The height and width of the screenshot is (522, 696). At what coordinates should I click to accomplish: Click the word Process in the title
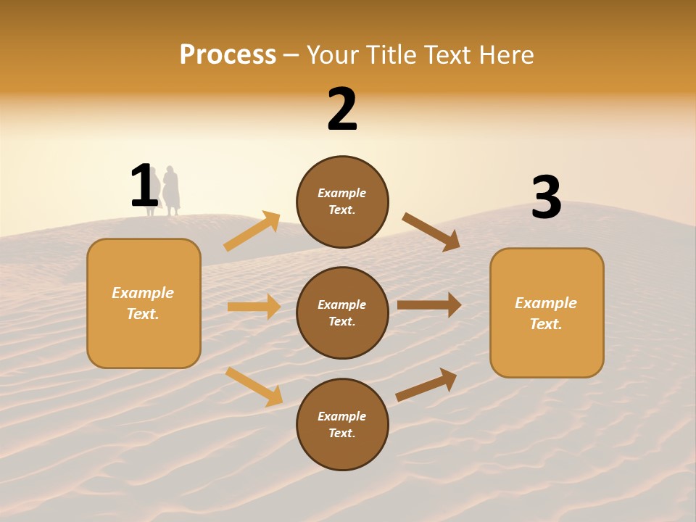point(228,55)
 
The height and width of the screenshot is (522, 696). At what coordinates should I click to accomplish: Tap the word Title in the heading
point(388,55)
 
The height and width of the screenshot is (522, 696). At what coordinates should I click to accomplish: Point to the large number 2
point(342,109)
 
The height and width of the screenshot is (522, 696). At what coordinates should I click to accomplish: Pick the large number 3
point(546,197)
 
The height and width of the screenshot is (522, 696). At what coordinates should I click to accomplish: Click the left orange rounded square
point(144,303)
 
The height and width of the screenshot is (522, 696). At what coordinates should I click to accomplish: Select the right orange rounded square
point(547,313)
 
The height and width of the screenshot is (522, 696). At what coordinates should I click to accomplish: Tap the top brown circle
point(342,202)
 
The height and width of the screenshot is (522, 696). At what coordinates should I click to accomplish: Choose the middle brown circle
point(342,313)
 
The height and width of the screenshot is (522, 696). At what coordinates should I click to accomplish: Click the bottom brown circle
point(342,425)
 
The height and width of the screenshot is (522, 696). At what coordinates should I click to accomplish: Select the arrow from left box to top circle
point(252,231)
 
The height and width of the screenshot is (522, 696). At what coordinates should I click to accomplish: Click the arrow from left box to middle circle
point(254,307)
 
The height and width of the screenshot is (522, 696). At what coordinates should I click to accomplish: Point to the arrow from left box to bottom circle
point(254,386)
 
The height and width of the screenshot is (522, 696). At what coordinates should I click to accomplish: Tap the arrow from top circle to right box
point(431,231)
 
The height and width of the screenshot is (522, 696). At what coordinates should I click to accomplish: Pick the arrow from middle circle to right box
point(429,304)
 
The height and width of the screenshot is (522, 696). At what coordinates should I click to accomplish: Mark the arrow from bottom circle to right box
point(426,385)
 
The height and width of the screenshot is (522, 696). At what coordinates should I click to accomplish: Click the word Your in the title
point(331,55)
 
